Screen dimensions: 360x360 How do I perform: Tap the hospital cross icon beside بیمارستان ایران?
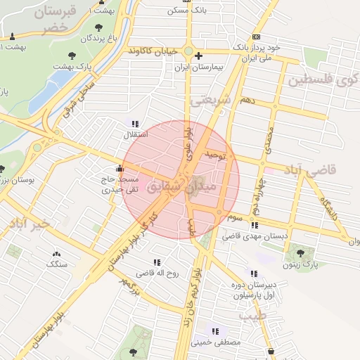pyautogui.click(x=199, y=56)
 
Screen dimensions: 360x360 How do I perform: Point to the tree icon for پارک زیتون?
pyautogui.click(x=301, y=252)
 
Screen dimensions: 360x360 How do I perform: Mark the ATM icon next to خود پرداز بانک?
pyautogui.click(x=256, y=37)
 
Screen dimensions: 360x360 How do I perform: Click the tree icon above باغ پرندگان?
pyautogui.click(x=96, y=27)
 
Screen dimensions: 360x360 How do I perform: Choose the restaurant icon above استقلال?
pyautogui.click(x=134, y=124)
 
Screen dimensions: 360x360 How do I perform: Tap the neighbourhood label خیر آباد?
pyautogui.click(x=28, y=224)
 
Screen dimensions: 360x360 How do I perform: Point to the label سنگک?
pyautogui.click(x=56, y=264)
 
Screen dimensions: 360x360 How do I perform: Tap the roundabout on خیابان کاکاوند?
pyautogui.click(x=188, y=51)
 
